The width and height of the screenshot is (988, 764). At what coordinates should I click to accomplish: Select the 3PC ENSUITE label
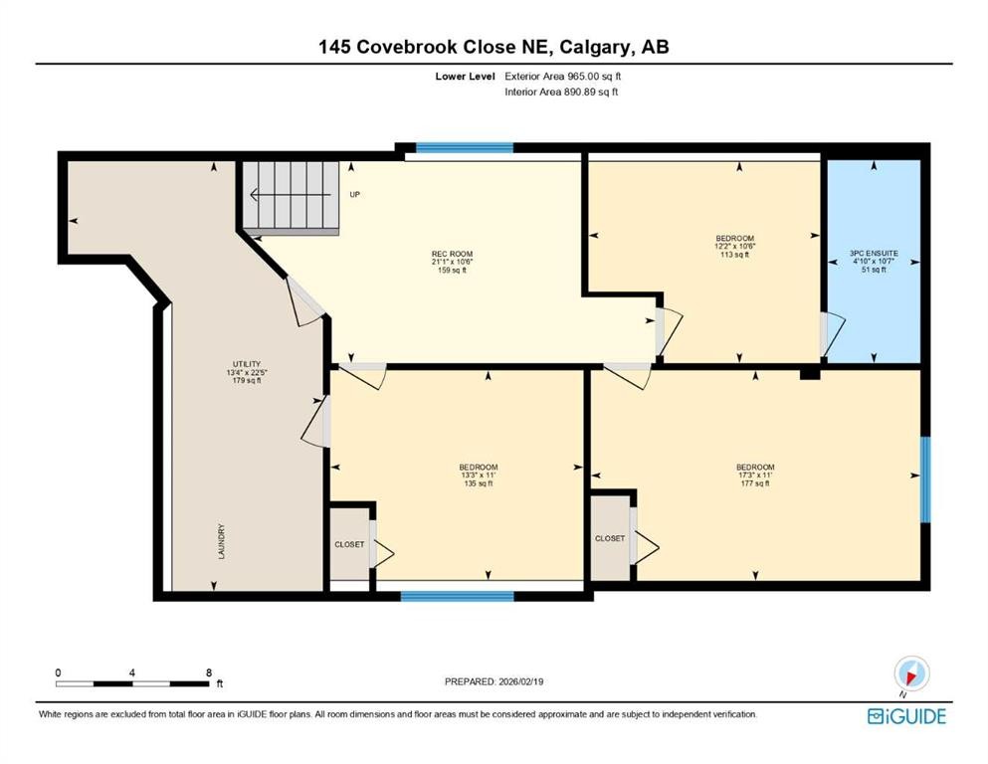point(875,254)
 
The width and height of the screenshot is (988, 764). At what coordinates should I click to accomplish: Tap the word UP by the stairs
point(354,194)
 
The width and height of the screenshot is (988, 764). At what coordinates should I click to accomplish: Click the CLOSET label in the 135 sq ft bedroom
point(349,544)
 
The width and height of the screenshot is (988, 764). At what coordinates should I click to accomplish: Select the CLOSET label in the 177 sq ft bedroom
point(609,538)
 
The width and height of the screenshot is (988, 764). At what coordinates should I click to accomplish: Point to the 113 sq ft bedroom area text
point(734,256)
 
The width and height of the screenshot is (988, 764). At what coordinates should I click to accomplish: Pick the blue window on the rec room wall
point(464,148)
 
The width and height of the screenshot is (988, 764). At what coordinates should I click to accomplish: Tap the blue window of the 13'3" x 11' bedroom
point(457,596)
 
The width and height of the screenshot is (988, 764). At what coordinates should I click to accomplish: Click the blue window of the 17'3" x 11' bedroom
point(924,478)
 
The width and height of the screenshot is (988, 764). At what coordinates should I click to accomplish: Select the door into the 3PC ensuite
point(831,334)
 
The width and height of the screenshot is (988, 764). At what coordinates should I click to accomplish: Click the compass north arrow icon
point(910,673)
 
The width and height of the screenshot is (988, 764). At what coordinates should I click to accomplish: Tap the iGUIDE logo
point(906,716)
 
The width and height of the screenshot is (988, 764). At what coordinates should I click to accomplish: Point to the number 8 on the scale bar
point(208,673)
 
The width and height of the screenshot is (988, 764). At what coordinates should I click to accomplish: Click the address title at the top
point(494,47)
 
